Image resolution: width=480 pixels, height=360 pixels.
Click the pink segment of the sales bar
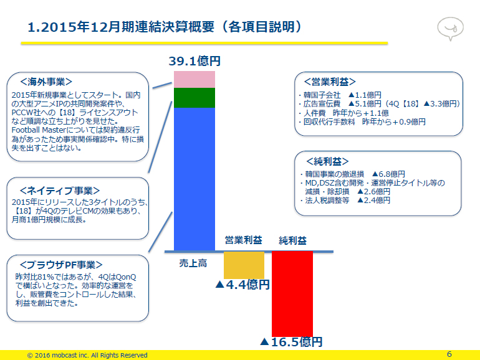click(194, 80)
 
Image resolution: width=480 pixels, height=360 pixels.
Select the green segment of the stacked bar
click(194, 98)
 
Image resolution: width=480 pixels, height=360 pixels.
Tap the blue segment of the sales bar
click(194, 179)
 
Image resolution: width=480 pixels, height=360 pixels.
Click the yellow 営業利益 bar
click(244, 265)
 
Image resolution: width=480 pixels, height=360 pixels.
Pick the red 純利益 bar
click(292, 293)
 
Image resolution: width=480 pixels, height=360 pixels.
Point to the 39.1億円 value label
click(194, 61)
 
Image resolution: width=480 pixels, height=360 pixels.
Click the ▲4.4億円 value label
click(242, 285)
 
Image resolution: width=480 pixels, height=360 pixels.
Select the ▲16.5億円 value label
click(292, 342)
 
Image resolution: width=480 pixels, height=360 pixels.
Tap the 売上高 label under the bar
click(193, 263)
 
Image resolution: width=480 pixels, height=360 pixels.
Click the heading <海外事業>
click(46, 82)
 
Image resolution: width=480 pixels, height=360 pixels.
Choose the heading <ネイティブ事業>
click(60, 191)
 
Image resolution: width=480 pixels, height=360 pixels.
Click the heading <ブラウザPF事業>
click(61, 265)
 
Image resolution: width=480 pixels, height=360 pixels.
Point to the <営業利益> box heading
click(330, 82)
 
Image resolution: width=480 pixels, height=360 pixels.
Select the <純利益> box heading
click(327, 161)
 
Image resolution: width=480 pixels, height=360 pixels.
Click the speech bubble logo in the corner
click(450, 29)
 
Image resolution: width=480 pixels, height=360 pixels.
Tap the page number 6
click(449, 354)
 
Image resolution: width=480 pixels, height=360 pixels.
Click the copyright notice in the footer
click(87, 355)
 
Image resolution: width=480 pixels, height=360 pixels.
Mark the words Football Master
click(39, 130)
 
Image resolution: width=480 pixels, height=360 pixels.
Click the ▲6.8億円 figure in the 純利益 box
click(388, 174)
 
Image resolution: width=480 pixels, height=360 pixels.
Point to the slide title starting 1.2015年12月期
click(165, 27)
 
